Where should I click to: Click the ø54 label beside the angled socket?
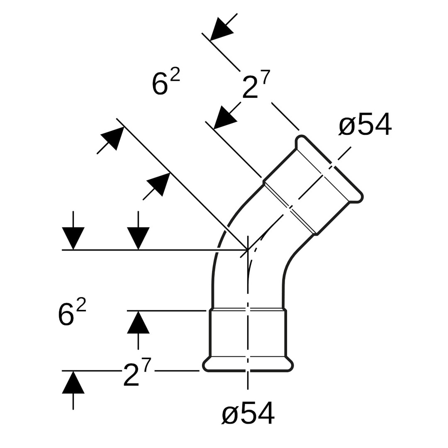365,124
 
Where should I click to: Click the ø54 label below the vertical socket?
248,413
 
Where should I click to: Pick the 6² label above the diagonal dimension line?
166,82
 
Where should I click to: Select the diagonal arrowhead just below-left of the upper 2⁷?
224,119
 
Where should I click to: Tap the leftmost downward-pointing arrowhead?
73,237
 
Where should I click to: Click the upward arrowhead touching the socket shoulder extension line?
138,322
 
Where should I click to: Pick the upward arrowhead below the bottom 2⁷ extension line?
73,383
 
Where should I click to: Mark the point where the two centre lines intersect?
248,250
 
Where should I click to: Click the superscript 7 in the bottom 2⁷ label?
146,365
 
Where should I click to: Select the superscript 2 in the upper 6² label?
175,75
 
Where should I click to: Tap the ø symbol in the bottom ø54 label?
229,414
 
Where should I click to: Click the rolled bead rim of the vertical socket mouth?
248,365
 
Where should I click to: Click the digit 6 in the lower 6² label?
66,315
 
